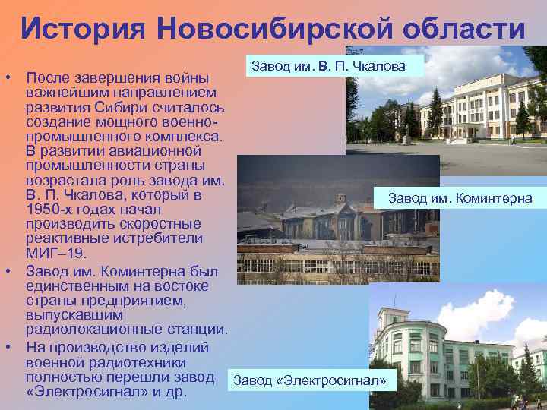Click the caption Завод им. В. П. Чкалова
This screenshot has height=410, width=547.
[x=326, y=67]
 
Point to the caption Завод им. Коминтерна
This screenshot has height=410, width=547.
[x=460, y=198]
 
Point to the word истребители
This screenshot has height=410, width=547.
[x=157, y=238]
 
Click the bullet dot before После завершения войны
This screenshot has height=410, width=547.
[x=7, y=79]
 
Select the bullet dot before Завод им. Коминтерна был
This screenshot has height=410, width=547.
[x=7, y=271]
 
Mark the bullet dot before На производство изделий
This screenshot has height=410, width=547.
[x=7, y=345]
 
